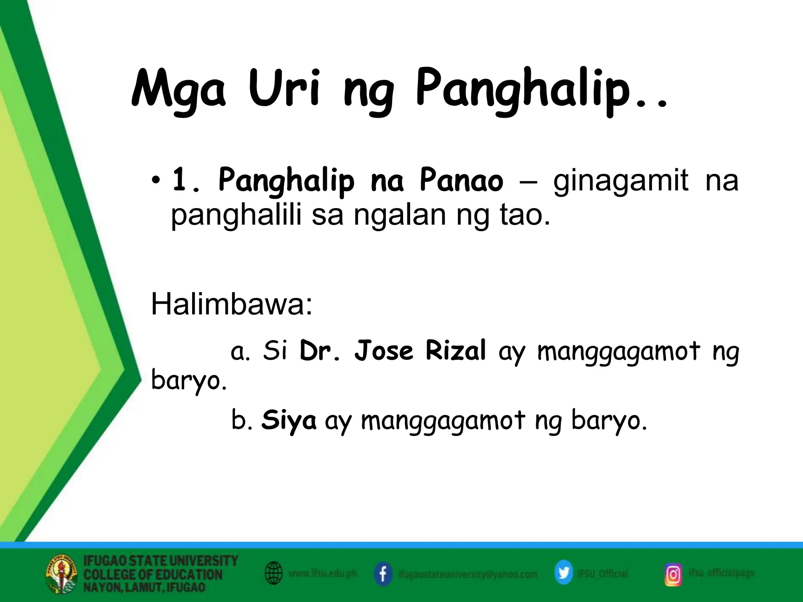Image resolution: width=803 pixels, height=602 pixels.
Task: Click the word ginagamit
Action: [620, 180]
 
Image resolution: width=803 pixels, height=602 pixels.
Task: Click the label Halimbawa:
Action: [232, 305]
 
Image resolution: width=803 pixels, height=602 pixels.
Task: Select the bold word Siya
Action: [289, 420]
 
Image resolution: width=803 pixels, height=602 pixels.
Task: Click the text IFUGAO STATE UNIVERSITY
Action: [161, 561]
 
